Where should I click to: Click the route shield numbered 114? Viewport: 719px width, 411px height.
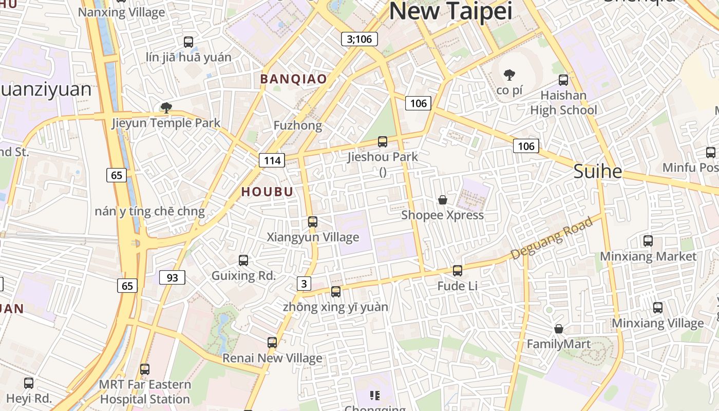tap(272, 160)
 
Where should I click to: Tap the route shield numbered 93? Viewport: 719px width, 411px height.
tap(172, 277)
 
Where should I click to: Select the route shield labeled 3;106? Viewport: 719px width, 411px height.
tap(359, 39)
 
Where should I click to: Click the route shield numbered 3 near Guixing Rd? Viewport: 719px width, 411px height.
tap(304, 284)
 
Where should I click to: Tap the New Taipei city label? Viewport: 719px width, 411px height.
tap(451, 11)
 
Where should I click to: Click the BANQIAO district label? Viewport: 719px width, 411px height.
tap(293, 79)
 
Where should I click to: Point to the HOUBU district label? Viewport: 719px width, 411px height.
tap(267, 192)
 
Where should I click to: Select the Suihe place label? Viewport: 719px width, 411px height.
tap(597, 171)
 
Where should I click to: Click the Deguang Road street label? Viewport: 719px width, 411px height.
tap(552, 237)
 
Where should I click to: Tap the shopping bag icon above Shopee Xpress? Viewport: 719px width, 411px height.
tap(442, 200)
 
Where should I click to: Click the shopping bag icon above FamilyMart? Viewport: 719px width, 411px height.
tap(558, 329)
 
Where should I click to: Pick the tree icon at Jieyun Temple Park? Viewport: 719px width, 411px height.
tap(165, 107)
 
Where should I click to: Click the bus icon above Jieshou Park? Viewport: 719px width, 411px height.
tap(382, 142)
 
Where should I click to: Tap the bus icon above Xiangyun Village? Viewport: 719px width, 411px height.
tap(312, 222)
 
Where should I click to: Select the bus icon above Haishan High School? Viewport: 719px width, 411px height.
tap(563, 80)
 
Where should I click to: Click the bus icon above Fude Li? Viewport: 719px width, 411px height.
tap(457, 271)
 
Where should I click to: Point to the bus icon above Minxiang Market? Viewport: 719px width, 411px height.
tap(648, 241)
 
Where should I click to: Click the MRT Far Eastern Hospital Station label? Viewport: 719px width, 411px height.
tap(145, 391)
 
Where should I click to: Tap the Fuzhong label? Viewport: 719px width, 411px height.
tap(297, 125)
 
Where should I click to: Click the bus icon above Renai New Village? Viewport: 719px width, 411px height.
tap(272, 343)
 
